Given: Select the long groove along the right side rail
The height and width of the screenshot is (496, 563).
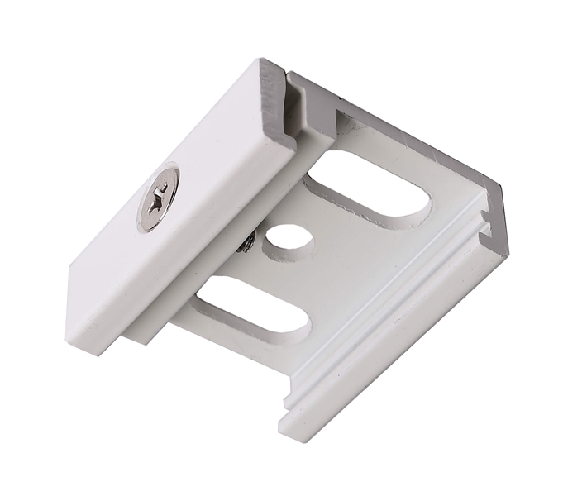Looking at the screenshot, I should [389, 339].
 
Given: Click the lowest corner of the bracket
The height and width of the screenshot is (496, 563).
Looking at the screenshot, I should [285, 430].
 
